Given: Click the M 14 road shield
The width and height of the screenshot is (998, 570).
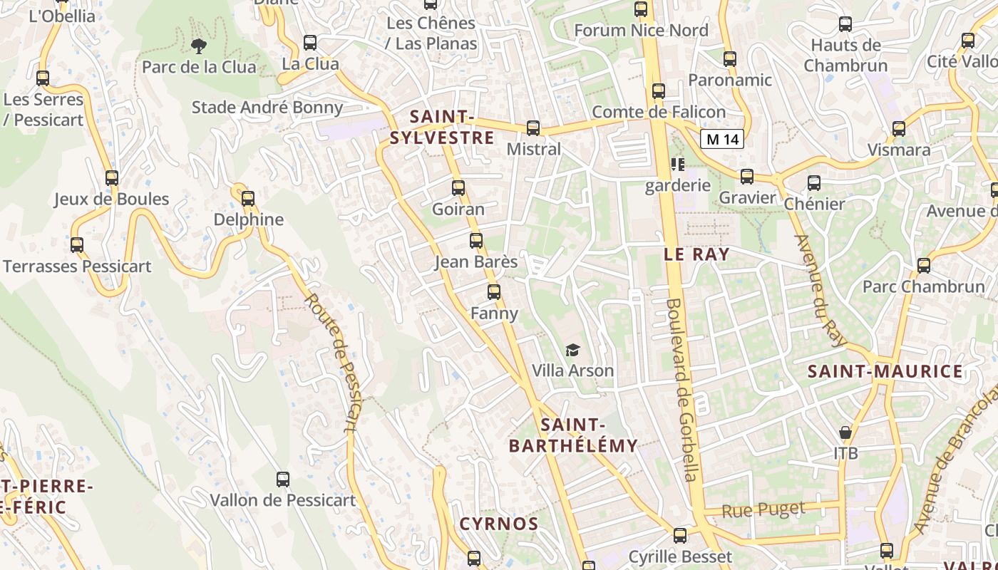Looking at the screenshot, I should (721, 139).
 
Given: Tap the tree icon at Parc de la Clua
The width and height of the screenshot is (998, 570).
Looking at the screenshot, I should (199, 46).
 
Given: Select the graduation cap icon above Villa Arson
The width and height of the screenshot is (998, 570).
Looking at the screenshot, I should (572, 350).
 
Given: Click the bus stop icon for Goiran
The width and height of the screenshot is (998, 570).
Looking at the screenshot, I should (458, 188).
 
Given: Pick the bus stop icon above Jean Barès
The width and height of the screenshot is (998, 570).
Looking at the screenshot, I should (476, 241).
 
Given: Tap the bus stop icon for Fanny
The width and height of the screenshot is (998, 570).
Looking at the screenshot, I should (494, 292).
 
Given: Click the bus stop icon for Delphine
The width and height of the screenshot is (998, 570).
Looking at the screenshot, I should (248, 199).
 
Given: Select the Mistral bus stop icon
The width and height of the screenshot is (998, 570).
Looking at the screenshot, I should (533, 128).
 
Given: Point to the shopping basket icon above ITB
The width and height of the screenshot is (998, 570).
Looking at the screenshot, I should (845, 432).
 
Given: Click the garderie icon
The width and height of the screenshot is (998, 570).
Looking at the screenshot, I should (677, 165).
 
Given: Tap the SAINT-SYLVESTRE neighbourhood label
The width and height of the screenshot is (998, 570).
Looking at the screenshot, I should (442, 127).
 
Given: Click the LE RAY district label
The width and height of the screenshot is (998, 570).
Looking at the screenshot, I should (696, 254).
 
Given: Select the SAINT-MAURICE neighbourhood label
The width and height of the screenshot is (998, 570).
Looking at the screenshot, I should (885, 371).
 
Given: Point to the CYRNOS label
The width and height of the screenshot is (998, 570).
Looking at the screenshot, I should (498, 524).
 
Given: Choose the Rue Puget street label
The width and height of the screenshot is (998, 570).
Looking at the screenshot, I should (763, 510).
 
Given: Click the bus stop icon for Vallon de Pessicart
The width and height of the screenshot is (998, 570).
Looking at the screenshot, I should (283, 480).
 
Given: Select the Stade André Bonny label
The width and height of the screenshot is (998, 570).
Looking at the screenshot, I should (267, 108).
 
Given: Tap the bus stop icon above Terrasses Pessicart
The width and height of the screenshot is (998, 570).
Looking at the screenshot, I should (77, 245).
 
